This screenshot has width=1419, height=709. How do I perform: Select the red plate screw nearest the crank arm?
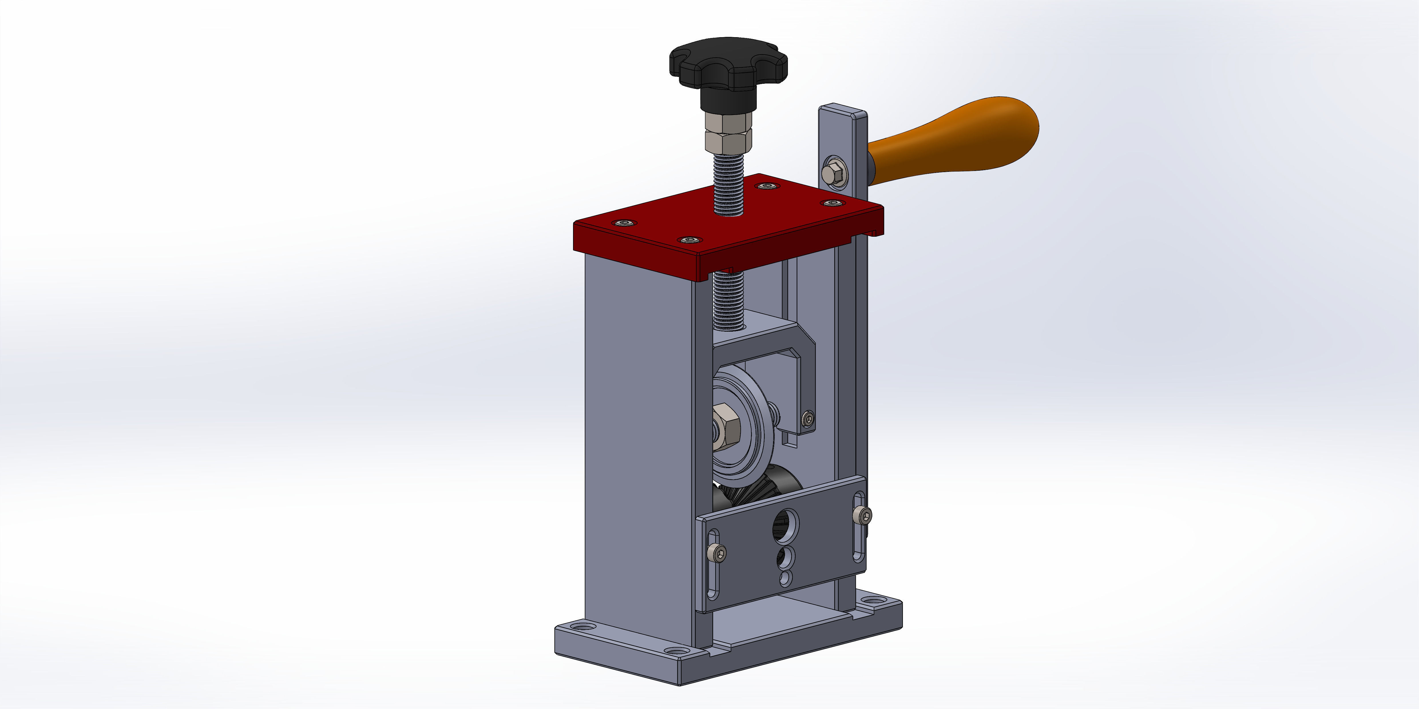click(832, 203)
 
